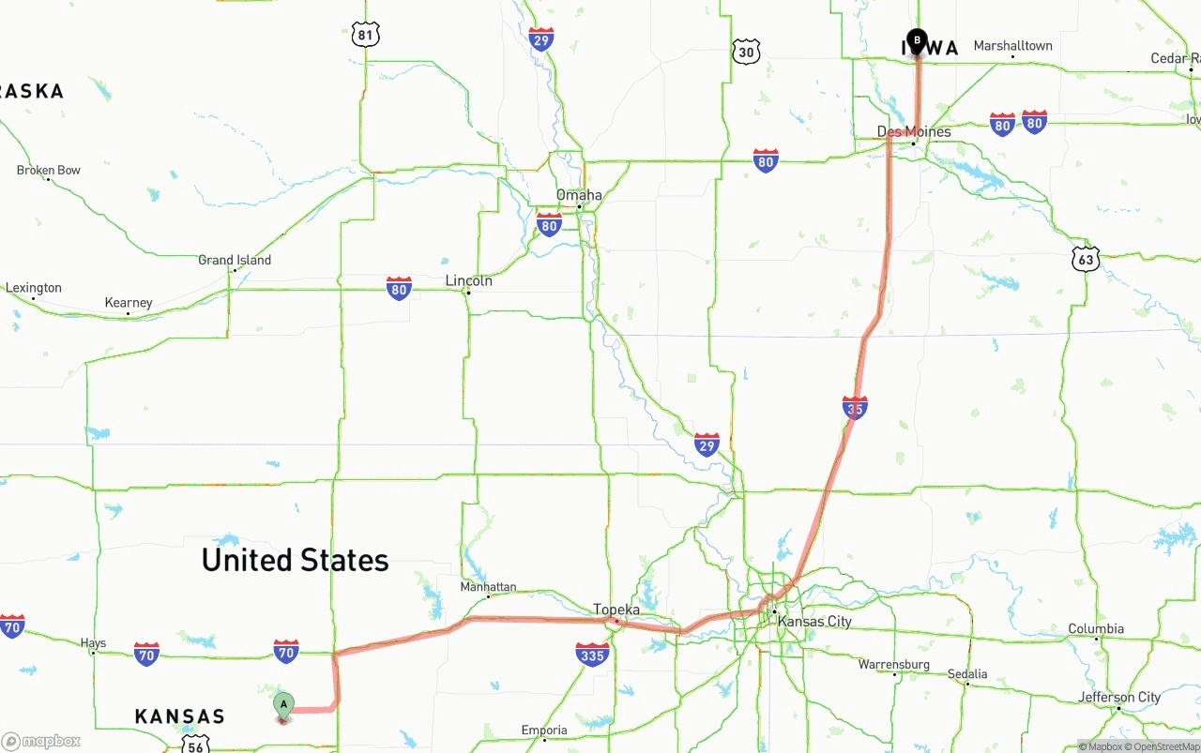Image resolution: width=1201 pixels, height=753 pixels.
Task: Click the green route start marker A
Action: pyautogui.click(x=283, y=705)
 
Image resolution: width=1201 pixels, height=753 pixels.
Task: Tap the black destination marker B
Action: pyautogui.click(x=917, y=42)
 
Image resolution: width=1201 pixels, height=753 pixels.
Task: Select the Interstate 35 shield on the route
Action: pyautogui.click(x=855, y=407)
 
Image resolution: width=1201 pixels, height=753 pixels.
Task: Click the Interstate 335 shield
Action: pyautogui.click(x=592, y=654)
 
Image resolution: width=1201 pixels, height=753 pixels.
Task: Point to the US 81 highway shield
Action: pyautogui.click(x=366, y=36)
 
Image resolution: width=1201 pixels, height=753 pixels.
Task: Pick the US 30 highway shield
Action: pyautogui.click(x=746, y=52)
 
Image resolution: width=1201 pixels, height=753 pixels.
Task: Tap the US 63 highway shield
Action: pyautogui.click(x=1086, y=259)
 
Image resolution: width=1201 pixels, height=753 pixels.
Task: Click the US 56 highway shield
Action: pyautogui.click(x=194, y=745)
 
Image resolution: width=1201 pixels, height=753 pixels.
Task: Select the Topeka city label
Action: pyautogui.click(x=616, y=610)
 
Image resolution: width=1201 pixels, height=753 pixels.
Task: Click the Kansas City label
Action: pyautogui.click(x=814, y=622)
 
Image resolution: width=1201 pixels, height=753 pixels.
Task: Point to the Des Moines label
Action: pyautogui.click(x=913, y=131)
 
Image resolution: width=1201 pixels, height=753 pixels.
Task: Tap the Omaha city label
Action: pyautogui.click(x=579, y=195)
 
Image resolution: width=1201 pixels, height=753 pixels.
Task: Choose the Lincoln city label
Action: pyautogui.click(x=468, y=280)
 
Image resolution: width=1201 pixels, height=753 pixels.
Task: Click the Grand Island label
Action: pyautogui.click(x=235, y=260)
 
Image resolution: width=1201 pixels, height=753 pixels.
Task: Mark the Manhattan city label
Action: pyautogui.click(x=488, y=587)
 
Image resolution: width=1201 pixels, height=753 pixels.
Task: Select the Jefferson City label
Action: pyautogui.click(x=1119, y=697)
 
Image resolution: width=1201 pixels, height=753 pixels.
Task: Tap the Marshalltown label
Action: pyautogui.click(x=1012, y=46)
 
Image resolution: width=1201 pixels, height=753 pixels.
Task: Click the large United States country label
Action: pyautogui.click(x=295, y=560)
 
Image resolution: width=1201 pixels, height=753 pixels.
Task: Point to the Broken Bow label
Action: pyautogui.click(x=49, y=170)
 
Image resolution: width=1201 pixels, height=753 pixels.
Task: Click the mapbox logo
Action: pyautogui.click(x=41, y=741)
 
